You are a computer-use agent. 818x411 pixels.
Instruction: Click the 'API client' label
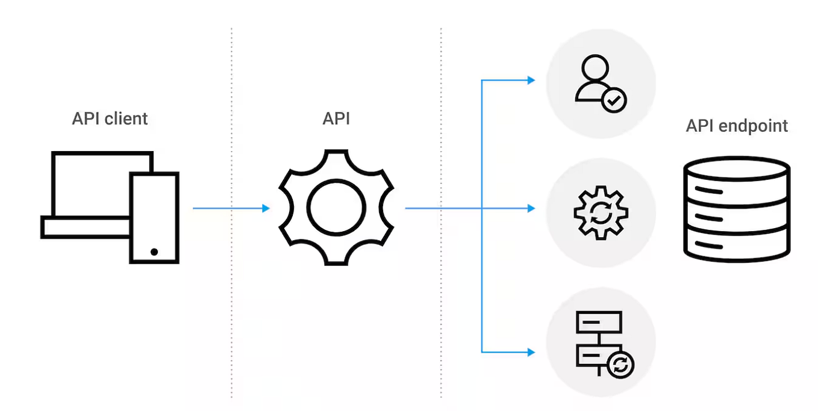(110, 119)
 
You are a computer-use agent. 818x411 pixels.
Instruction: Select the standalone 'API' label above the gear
(336, 119)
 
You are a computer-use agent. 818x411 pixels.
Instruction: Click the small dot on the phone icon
(154, 252)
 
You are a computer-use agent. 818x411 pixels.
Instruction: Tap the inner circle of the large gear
(336, 208)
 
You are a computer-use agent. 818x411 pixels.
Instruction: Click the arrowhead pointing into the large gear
(266, 208)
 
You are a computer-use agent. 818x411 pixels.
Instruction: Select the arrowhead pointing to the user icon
(531, 80)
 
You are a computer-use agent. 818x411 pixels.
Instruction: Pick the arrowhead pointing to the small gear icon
(531, 208)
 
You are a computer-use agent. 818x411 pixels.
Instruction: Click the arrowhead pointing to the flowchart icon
(531, 351)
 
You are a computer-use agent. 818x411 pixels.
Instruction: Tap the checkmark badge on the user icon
(614, 101)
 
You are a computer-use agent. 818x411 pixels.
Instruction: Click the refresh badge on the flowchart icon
(621, 365)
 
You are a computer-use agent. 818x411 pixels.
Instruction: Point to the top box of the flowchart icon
(599, 322)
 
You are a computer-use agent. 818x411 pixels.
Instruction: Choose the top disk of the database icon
(737, 171)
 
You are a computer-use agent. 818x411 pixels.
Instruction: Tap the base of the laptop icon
(84, 227)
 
